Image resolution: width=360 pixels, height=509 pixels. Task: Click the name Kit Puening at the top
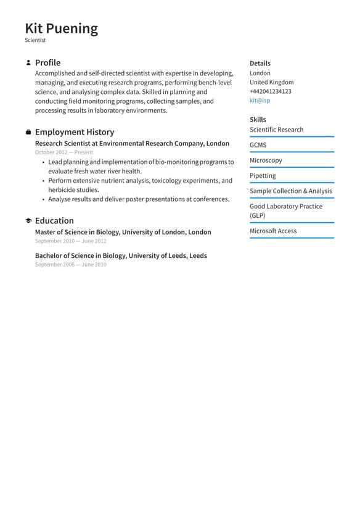(61, 28)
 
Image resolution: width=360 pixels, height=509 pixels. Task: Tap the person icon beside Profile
(28, 63)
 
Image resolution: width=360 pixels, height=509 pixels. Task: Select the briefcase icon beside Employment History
(28, 132)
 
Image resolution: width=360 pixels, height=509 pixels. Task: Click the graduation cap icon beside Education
(28, 221)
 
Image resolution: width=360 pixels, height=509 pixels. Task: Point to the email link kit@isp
(260, 100)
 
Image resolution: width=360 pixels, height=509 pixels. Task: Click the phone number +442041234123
(270, 91)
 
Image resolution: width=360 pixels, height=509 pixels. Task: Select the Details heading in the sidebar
(260, 64)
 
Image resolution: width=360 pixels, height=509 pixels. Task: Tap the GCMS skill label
(258, 145)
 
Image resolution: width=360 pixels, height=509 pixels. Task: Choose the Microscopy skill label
(266, 160)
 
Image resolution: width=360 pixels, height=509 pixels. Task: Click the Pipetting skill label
(263, 176)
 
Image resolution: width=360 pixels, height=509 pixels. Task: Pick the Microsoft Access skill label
(272, 231)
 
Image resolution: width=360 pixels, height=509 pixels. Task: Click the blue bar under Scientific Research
(292, 137)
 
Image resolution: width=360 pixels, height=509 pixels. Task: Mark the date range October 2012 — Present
(64, 152)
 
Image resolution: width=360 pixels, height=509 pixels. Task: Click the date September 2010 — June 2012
(70, 241)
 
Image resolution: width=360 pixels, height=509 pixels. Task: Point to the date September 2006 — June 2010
(70, 265)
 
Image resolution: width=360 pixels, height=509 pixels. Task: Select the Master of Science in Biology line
(123, 233)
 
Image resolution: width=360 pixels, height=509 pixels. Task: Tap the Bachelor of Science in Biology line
(121, 256)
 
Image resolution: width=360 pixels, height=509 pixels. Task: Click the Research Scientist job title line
(132, 144)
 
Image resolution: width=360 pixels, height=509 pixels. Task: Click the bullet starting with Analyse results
(139, 199)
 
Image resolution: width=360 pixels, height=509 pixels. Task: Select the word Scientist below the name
(35, 41)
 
